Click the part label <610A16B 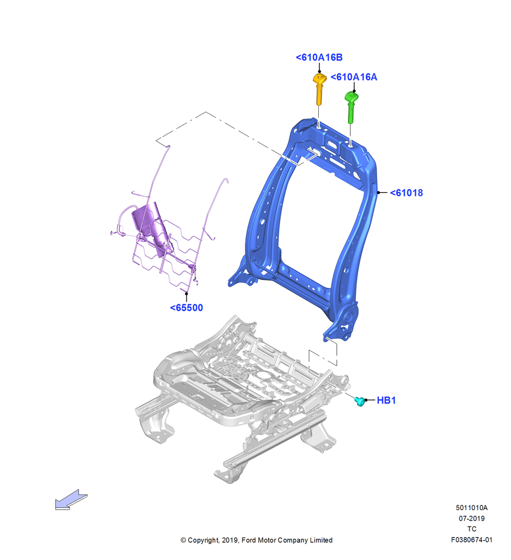click(319, 58)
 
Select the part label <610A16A click(354, 77)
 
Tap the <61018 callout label click(406, 193)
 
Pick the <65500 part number click(187, 308)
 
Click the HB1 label click(386, 400)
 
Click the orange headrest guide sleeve click(319, 89)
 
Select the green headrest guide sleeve click(351, 107)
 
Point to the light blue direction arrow click(71, 500)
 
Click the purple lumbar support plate click(150, 227)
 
